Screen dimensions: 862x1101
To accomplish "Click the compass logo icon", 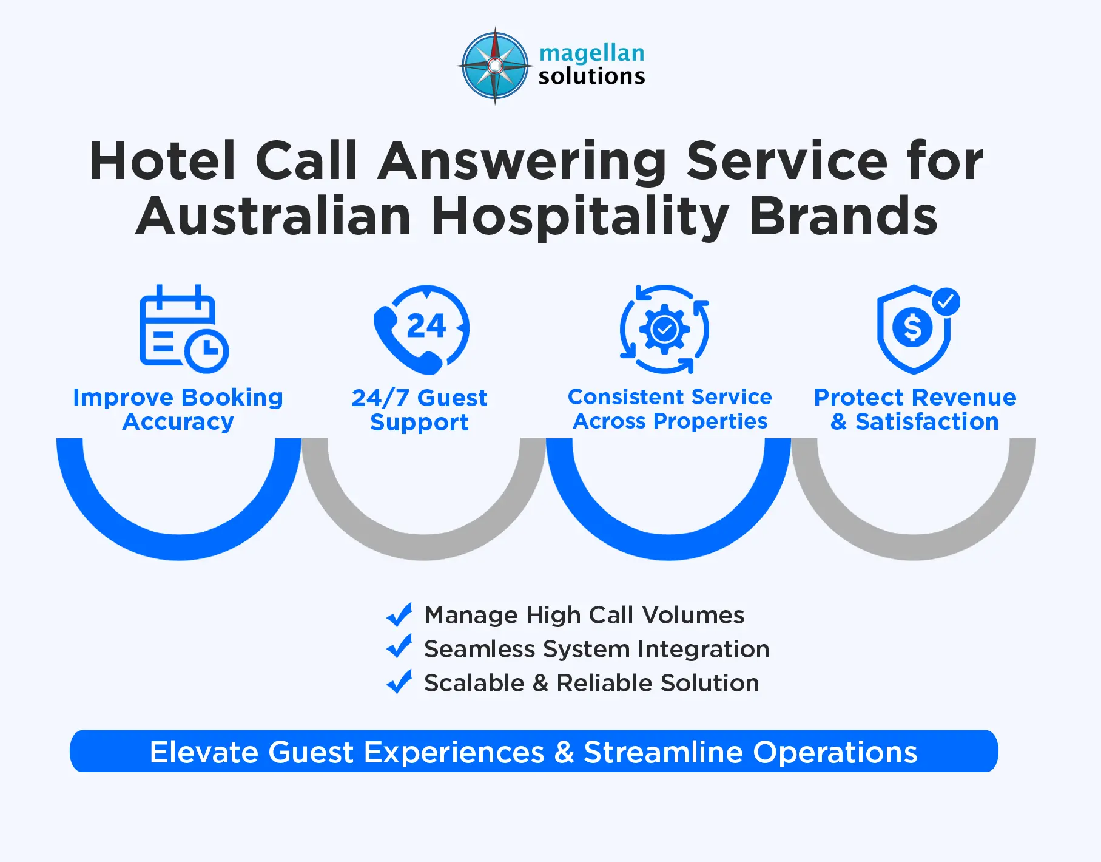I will tap(495, 66).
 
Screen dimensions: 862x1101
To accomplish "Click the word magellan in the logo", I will tap(591, 53).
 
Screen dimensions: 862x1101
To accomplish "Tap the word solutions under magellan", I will tap(591, 76).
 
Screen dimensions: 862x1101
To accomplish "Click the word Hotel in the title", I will tap(162, 161).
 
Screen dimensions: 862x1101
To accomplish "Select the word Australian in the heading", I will tap(274, 216).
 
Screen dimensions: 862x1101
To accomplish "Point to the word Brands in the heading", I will tap(843, 216).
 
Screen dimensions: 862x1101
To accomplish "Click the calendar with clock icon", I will tap(183, 329).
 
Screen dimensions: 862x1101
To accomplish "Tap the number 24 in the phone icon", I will tap(426, 327).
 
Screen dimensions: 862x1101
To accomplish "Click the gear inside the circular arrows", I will tap(664, 330).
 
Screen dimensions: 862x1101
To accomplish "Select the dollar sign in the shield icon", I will tap(912, 328).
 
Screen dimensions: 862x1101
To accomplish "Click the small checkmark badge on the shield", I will tap(946, 301).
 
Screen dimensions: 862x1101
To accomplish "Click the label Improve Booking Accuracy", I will tap(178, 409).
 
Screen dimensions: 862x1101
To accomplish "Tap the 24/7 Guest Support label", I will tap(419, 410).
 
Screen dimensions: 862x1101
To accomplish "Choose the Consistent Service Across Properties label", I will tap(670, 409).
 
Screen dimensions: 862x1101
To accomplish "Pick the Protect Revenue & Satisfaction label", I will tap(915, 409).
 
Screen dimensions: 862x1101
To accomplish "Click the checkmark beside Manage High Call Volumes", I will tap(399, 615).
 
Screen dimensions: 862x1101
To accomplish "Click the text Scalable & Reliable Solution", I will tap(591, 683).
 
